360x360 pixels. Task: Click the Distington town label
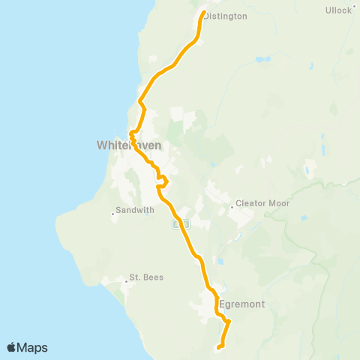coord(226,16)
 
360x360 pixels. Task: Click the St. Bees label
coord(146,277)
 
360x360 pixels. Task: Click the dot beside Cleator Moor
coord(232,203)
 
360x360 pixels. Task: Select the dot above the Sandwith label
coord(112,214)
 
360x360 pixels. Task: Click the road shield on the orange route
coord(179,223)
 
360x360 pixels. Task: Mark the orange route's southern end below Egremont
coord(218,347)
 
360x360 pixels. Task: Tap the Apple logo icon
coord(12,347)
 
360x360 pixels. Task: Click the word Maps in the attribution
coord(33,347)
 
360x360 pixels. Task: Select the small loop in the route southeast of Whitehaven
coord(161,181)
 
